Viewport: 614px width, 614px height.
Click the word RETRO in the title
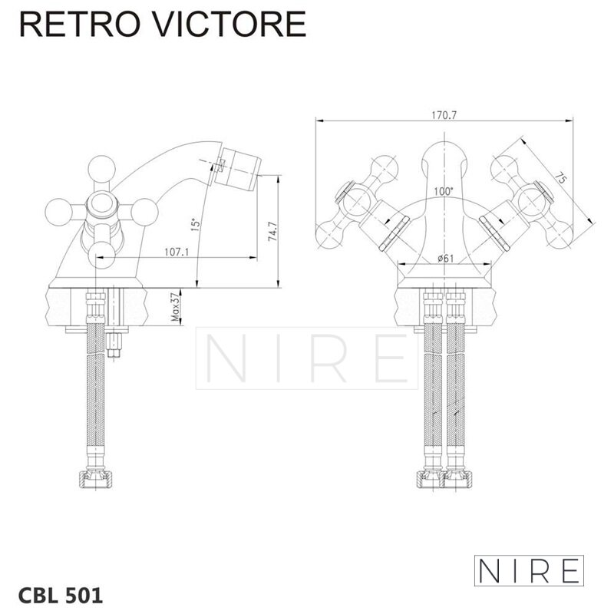pyautogui.click(x=80, y=24)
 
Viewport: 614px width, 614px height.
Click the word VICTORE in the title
pyautogui.click(x=229, y=24)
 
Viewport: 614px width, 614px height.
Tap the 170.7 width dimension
pyautogui.click(x=444, y=115)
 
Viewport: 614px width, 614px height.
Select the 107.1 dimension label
pyautogui.click(x=177, y=252)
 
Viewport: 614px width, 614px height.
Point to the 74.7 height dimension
pyautogui.click(x=272, y=231)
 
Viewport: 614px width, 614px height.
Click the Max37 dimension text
pyautogui.click(x=175, y=308)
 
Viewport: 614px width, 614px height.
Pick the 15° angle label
pyautogui.click(x=195, y=224)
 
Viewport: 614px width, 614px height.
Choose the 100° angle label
pyautogui.click(x=444, y=191)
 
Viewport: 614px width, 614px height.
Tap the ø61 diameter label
pyautogui.click(x=446, y=259)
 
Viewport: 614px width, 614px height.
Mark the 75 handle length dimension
pyautogui.click(x=561, y=178)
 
